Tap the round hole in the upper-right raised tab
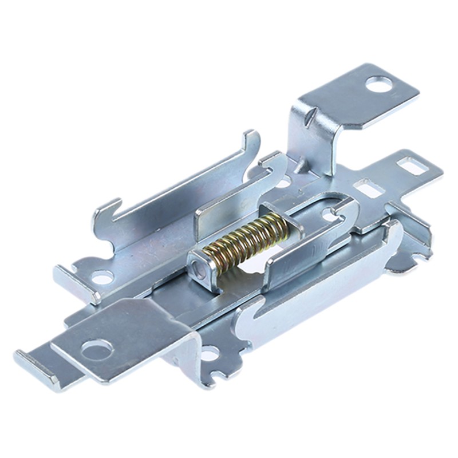[x=379, y=85]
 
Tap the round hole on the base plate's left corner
[x=102, y=278]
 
